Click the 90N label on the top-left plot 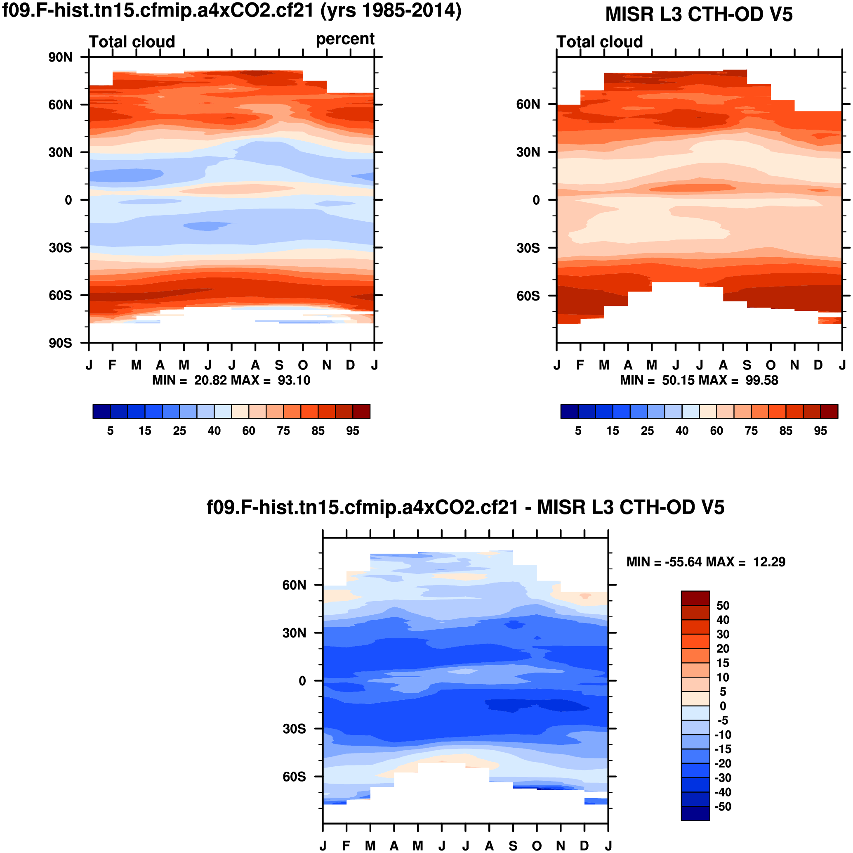coord(61,57)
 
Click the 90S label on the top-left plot coord(61,344)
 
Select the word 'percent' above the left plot coord(345,39)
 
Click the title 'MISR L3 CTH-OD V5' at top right coord(698,14)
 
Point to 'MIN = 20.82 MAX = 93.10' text coord(231,381)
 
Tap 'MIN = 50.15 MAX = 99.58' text coord(699,381)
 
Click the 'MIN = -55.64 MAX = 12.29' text coord(705,562)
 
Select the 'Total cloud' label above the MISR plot coord(599,42)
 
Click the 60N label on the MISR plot coord(528,105)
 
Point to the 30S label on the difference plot coord(295,729)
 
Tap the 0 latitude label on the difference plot coord(302,681)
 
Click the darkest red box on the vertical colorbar coord(695,598)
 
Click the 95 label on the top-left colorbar coord(352,431)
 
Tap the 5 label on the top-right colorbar coord(578,431)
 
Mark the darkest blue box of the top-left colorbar coord(101,412)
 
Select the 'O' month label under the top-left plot coord(303,365)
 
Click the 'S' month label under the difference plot coord(513,846)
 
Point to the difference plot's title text coord(465,507)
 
